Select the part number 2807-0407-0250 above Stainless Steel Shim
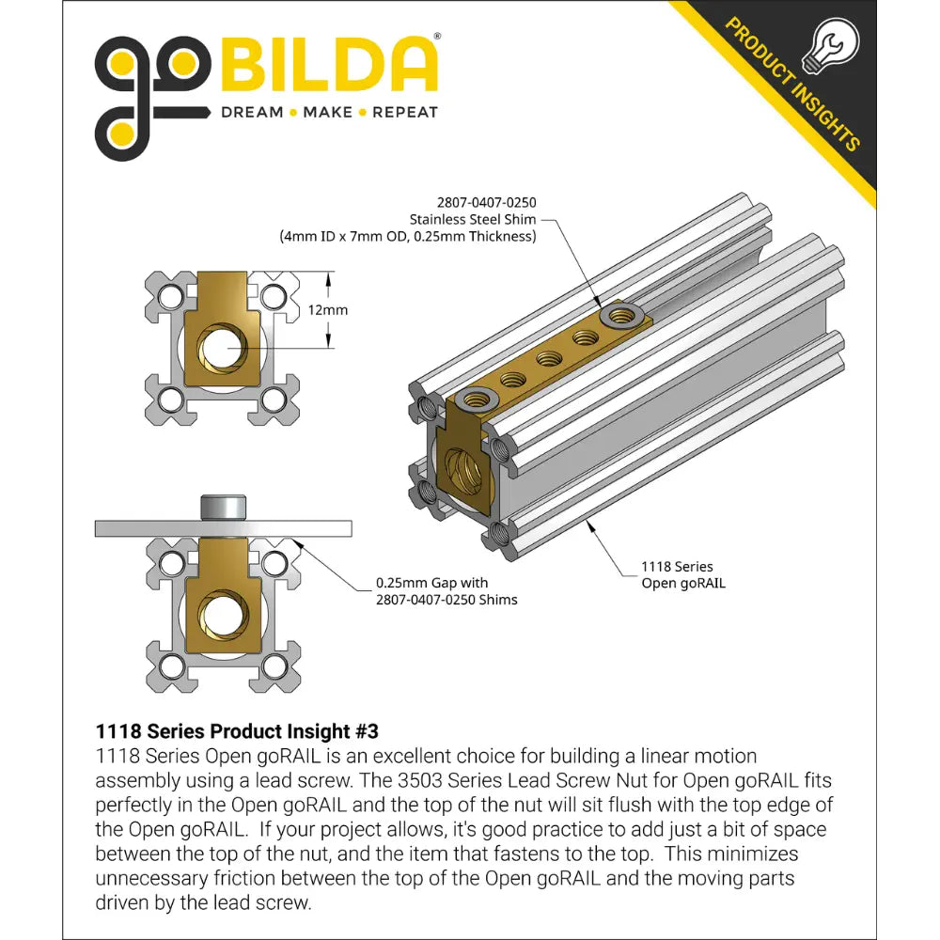(x=486, y=202)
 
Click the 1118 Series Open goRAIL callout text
(x=677, y=574)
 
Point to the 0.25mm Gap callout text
(x=446, y=590)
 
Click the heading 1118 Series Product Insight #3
(x=236, y=730)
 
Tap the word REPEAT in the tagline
(x=405, y=112)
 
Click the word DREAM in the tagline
(x=251, y=112)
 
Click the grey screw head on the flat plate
(x=223, y=508)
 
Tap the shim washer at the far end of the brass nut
(x=621, y=314)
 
